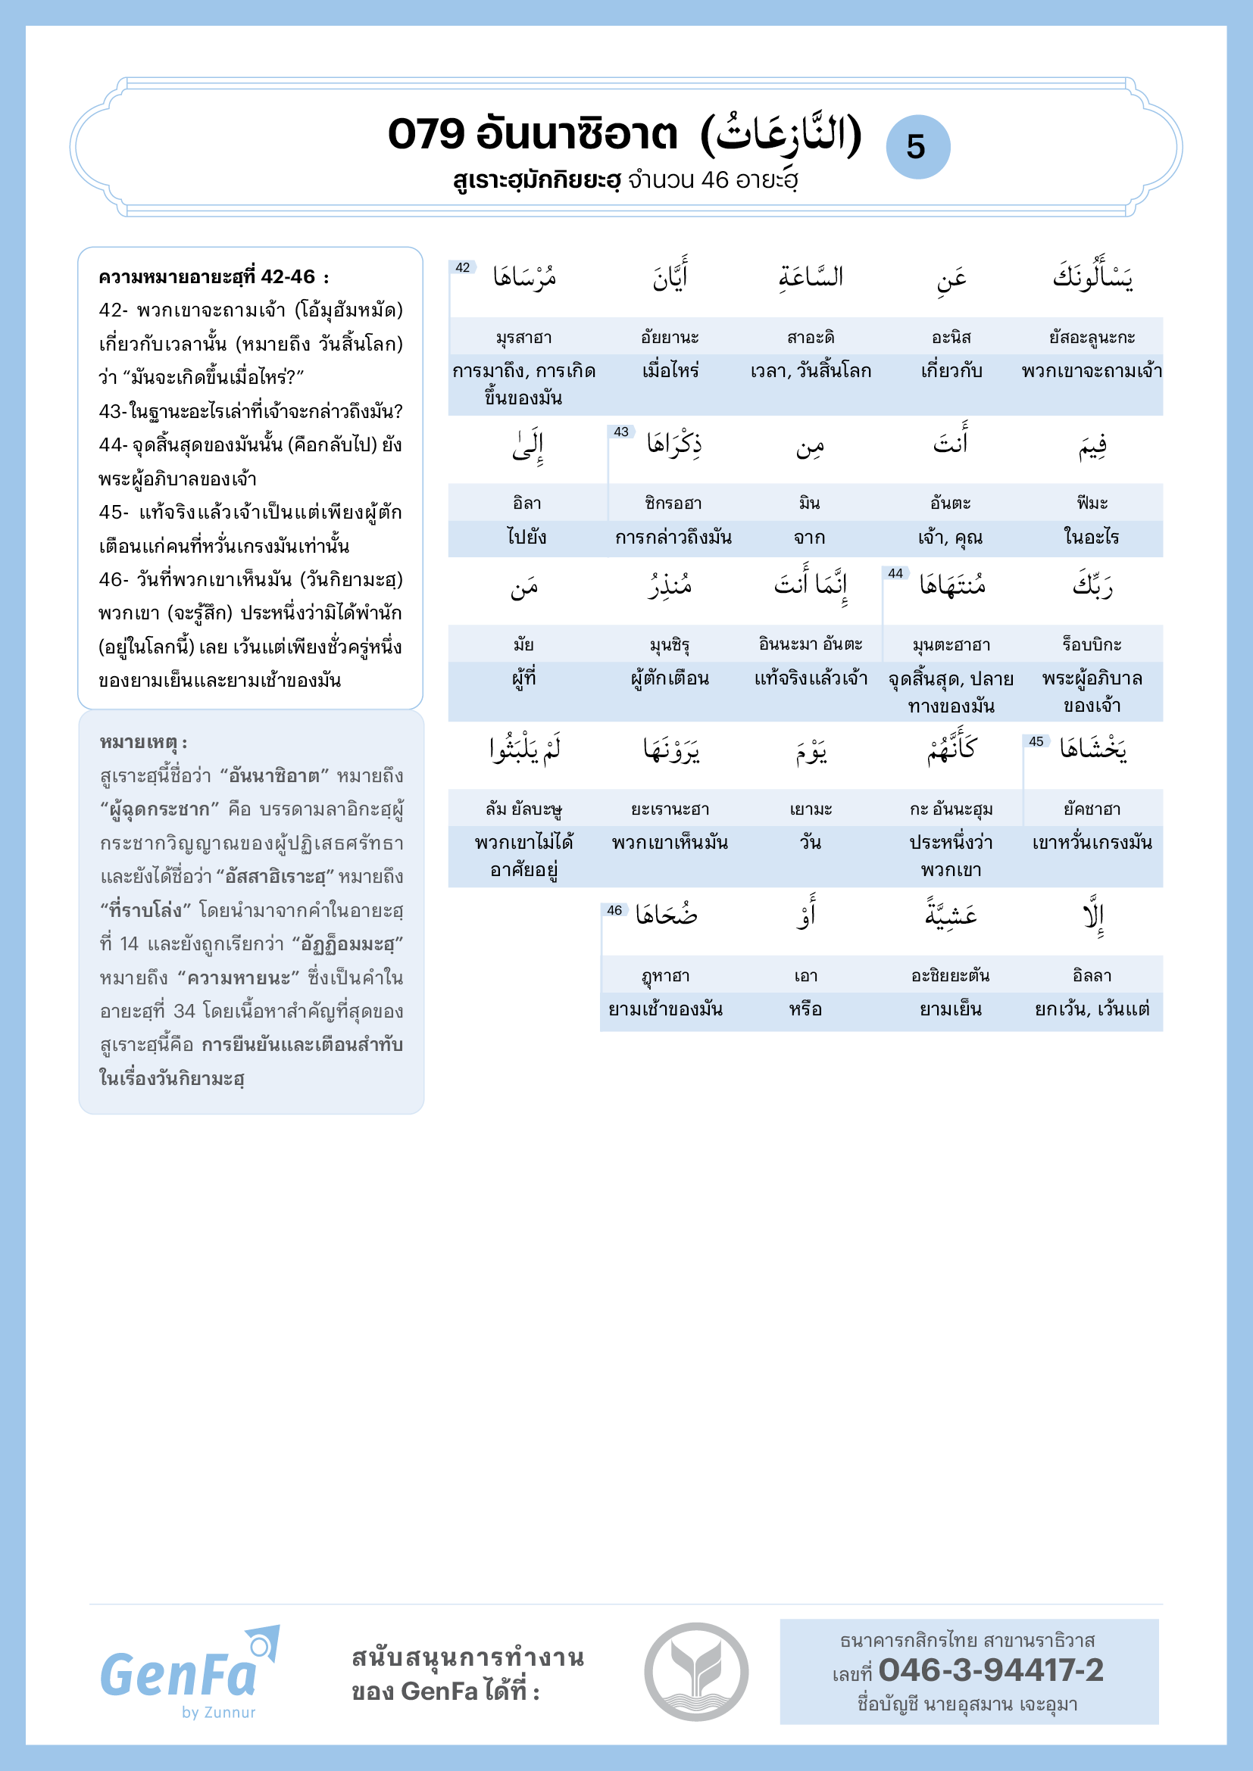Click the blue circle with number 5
click(917, 147)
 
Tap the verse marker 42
click(462, 267)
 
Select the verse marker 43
click(621, 432)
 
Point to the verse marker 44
click(895, 573)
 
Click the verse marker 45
click(1036, 741)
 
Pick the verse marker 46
click(614, 910)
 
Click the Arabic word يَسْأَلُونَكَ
click(1092, 276)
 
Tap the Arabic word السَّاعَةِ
click(811, 276)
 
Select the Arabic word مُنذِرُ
click(670, 586)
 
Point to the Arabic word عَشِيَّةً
click(951, 915)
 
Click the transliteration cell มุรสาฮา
click(524, 338)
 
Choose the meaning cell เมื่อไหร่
click(670, 371)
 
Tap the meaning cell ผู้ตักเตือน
click(670, 678)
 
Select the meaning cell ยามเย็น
click(951, 1009)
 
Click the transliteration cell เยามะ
click(811, 809)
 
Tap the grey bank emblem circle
click(696, 1672)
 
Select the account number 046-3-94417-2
click(991, 1671)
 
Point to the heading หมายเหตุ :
click(143, 743)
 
